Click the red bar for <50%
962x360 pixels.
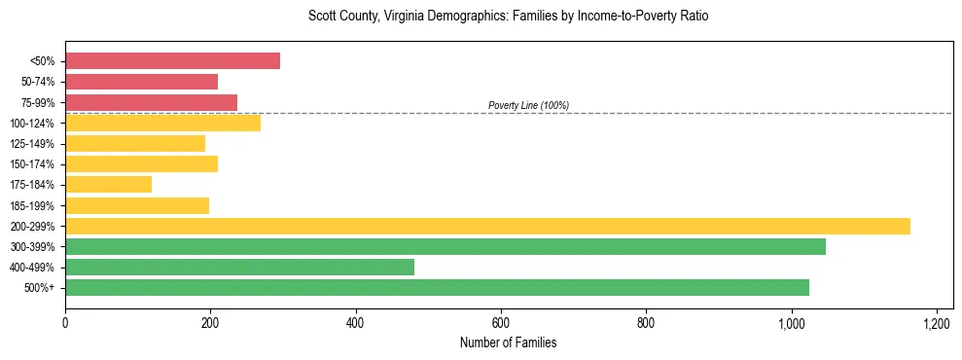[172, 61]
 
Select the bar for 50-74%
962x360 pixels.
[141, 82]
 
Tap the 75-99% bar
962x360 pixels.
[151, 102]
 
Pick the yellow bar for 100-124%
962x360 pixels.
[162, 123]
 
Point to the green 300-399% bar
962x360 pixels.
[445, 246]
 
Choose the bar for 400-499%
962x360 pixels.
[239, 267]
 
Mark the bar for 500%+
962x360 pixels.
[437, 287]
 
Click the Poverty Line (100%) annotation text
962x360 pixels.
[528, 105]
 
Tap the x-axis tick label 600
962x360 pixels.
[501, 322]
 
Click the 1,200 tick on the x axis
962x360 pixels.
[937, 322]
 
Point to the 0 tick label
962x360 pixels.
[65, 322]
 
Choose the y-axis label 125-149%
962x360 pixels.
[32, 144]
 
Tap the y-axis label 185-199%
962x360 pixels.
[32, 205]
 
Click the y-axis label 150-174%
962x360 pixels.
[32, 164]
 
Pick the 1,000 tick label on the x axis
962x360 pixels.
[791, 322]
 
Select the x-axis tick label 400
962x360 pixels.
[356, 322]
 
